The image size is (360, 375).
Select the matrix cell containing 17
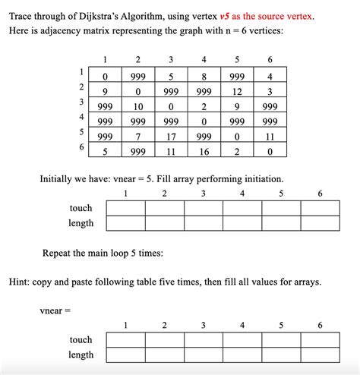(171, 137)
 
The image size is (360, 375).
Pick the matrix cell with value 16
(204, 152)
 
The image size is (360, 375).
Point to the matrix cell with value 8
(204, 76)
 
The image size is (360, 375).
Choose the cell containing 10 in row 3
(138, 107)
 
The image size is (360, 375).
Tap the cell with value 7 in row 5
(138, 137)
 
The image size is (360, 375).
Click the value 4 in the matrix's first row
(270, 76)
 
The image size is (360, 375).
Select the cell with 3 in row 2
(270, 91)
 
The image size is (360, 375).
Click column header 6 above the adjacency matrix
(270, 60)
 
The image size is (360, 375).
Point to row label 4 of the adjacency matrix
(80, 117)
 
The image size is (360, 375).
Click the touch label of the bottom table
(81, 339)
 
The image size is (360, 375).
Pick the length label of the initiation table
(81, 223)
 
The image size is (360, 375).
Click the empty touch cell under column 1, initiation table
(126, 207)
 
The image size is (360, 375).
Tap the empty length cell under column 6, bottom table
(320, 355)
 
